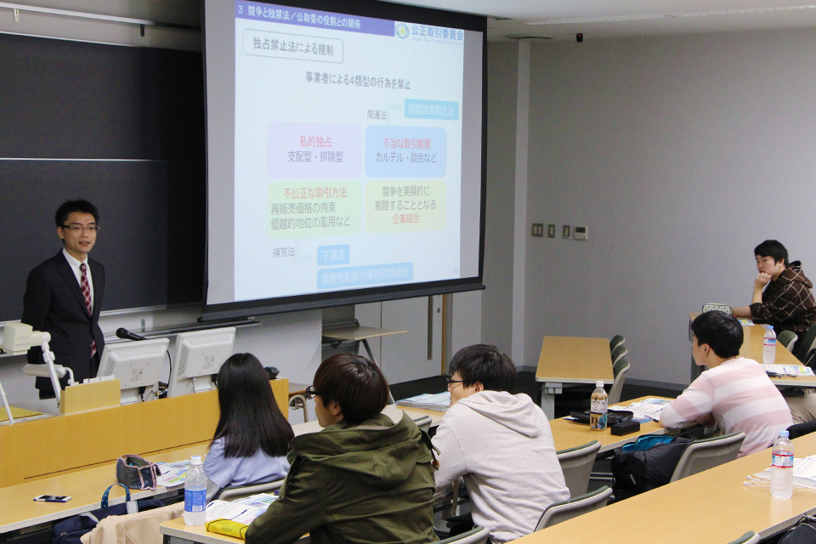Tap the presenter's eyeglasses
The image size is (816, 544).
pyautogui.click(x=80, y=228)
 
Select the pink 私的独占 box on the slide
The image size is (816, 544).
pyautogui.click(x=315, y=150)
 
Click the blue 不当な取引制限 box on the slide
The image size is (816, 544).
pyautogui.click(x=405, y=151)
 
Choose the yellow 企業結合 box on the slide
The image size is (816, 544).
pyautogui.click(x=405, y=205)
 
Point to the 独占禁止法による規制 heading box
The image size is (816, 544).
pyautogui.click(x=292, y=45)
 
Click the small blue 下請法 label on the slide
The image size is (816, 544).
pyautogui.click(x=333, y=254)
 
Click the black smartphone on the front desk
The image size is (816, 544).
pyautogui.click(x=52, y=498)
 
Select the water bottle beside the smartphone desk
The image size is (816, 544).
pyautogui.click(x=195, y=490)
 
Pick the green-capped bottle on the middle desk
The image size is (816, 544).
pyautogui.click(x=598, y=406)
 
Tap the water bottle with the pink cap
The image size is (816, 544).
pyautogui.click(x=782, y=465)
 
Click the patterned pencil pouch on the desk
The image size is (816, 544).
pyautogui.click(x=136, y=471)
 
